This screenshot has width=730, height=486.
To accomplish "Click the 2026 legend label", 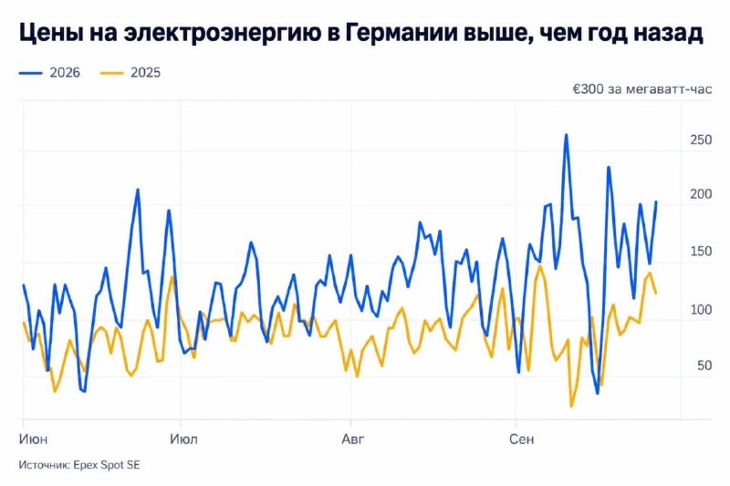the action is point(65,73).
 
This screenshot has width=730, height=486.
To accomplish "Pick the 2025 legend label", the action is point(145,73).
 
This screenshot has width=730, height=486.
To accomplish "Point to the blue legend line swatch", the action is point(31,73).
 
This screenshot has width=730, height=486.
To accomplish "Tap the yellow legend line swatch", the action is point(111,73).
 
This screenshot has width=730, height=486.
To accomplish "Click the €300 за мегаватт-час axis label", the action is point(642,88).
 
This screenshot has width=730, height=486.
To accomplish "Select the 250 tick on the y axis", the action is point(701,140).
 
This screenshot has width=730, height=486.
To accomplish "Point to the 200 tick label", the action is point(701,194).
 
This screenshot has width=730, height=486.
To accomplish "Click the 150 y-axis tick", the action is point(701,251).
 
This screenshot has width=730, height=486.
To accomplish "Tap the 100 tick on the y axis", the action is point(701,309).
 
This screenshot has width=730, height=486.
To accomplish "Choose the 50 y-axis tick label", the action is point(704,366).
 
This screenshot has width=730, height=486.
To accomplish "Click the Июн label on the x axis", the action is point(33,439).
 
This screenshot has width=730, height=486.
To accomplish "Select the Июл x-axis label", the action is point(183,439).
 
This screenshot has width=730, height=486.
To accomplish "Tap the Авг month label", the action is point(353,439).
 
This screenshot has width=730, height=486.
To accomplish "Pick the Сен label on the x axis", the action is point(521,439).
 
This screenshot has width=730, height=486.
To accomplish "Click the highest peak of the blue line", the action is point(566,135).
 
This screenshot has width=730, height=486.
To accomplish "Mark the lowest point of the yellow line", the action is point(571,407).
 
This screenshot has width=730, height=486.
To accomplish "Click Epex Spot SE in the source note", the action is point(107,465).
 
